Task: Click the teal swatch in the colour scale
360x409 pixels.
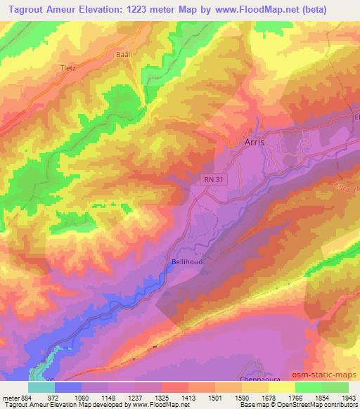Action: click(x=41, y=387)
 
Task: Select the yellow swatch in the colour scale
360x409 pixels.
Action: click(x=282, y=387)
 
